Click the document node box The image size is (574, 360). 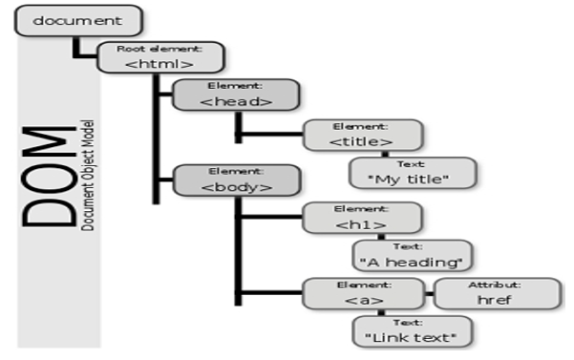point(78,20)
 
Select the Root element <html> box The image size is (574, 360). point(160,57)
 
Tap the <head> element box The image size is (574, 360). point(236,95)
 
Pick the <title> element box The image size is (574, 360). point(363,135)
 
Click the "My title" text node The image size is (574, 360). point(413,173)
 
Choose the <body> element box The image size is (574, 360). point(237,180)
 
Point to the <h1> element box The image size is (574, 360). point(362,218)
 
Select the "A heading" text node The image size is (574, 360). point(412,256)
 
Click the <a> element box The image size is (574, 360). point(364,293)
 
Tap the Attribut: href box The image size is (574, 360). point(498,293)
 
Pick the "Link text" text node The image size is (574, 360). point(412,331)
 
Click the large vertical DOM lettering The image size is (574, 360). point(49,177)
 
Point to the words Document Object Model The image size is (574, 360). point(88,176)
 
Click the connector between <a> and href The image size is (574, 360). point(430,293)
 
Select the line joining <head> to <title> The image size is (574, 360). point(271,135)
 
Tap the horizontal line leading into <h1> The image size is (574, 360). point(272,217)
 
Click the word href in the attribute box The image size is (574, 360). point(494,300)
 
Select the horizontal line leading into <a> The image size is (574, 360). point(272,293)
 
